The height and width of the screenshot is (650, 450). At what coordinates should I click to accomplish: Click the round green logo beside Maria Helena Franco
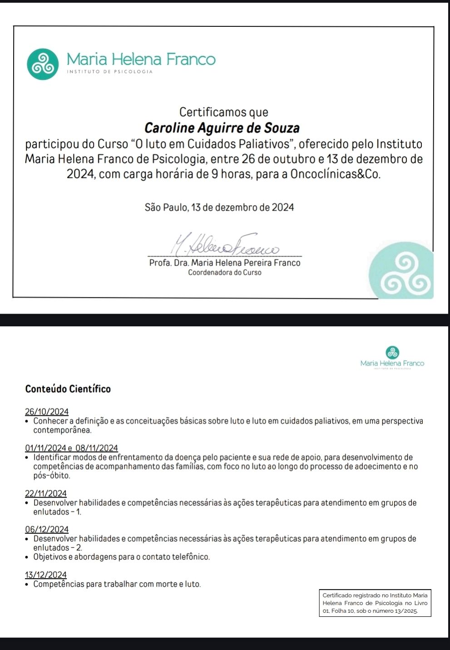pos(43,64)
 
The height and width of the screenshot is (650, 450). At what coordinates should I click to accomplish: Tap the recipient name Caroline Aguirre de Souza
pos(222,128)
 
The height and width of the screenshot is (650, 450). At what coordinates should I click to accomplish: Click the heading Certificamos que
pos(224,112)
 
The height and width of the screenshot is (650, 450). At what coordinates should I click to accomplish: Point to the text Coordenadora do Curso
pos(225,273)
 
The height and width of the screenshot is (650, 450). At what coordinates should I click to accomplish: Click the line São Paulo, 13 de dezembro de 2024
pos(219,207)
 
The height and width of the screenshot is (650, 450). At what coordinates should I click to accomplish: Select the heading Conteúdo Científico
pos(68,389)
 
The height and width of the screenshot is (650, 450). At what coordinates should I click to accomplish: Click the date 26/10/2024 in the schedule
pos(47,412)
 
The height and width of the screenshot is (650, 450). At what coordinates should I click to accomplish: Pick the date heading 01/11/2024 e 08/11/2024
pos(71,448)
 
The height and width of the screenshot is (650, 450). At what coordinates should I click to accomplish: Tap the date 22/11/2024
pos(46,493)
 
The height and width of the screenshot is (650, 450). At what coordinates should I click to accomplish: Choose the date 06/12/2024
pos(47,529)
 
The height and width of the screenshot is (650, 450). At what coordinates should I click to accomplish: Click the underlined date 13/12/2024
pos(46,575)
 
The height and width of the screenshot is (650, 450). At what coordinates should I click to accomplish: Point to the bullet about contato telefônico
pos(121,557)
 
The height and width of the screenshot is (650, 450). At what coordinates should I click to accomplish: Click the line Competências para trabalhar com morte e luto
pos(117,584)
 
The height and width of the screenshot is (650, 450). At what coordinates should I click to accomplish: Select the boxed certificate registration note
pos(375,603)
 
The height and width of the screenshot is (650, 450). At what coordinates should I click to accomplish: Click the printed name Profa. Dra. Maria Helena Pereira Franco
pos(225,263)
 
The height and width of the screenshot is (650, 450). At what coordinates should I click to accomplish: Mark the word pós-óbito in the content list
pos(52,476)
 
